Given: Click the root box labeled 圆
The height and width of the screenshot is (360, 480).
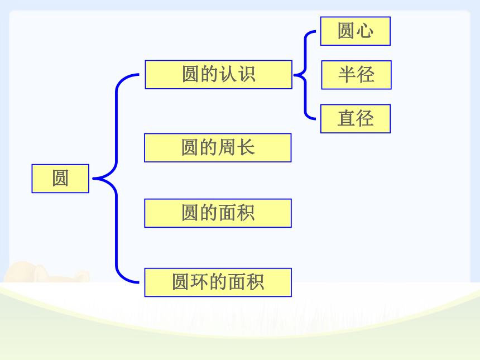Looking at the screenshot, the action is pos(60,179).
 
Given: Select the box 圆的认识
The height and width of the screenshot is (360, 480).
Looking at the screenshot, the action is pos(219,75).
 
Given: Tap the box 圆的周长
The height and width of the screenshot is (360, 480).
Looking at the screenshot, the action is pos(218,147).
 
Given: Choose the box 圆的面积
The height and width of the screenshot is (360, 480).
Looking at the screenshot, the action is pos(218,213).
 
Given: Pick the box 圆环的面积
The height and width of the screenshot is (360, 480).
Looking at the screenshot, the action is pos(218,282).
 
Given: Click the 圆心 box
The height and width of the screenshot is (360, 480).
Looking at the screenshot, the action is pos(356,31).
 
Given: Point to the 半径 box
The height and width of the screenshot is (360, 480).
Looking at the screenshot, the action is pos(356,75).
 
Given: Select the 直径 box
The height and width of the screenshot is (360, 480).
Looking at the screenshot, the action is pos(356,119).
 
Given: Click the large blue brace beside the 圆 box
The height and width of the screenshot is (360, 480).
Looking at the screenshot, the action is pos(116,178).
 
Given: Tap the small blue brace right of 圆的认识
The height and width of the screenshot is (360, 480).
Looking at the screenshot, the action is pos(305,75).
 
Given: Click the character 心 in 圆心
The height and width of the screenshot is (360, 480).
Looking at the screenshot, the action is pos(364,31).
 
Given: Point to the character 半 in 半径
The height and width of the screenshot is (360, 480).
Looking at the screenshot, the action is pos(347,75).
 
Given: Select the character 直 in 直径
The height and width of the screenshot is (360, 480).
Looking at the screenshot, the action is pos(346,118).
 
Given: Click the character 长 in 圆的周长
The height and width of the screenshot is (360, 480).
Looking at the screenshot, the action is pos(246,147).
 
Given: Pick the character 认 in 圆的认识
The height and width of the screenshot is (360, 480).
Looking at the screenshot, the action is pos(228,74).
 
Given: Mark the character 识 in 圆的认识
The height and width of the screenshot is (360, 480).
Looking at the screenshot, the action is pos(247,74).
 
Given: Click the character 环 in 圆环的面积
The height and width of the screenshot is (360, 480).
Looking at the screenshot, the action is pos(200,282).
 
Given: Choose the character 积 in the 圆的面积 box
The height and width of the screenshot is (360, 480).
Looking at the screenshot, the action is pos(246,213).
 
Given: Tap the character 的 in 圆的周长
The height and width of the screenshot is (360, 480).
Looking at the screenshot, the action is pos(209,147).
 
